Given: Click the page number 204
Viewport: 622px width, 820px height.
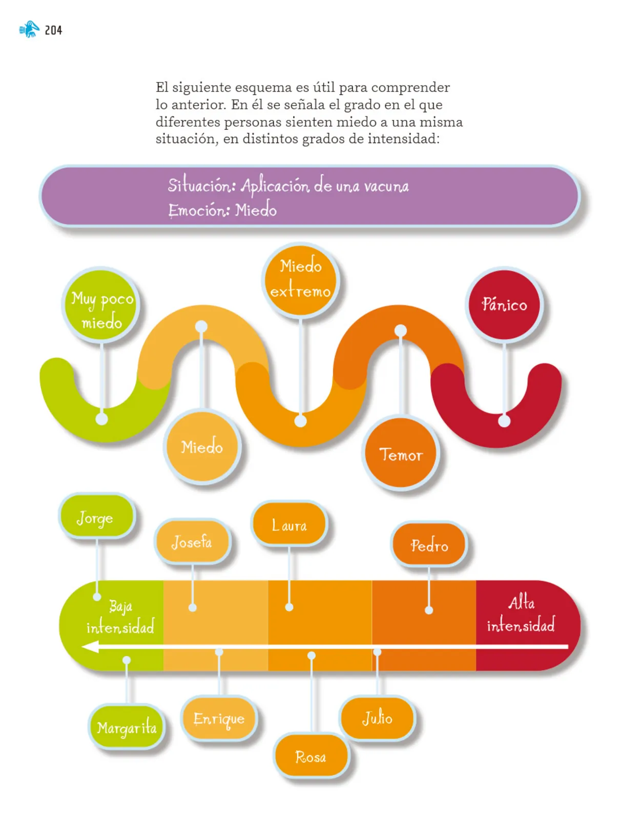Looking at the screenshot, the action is pos(53,30).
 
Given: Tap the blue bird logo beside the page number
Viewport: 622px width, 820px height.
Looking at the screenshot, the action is pos(29,29).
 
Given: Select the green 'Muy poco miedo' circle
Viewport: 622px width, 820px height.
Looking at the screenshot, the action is pos(101,305).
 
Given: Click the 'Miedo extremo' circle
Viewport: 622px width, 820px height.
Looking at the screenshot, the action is pos(300,280).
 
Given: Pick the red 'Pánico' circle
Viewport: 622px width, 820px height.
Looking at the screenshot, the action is pos(504,305).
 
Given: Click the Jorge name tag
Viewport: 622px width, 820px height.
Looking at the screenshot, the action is pos(97,516).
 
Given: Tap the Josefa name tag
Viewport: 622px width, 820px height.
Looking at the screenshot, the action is pos(192,541).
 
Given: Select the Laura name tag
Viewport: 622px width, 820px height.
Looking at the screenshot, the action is pos(289,524).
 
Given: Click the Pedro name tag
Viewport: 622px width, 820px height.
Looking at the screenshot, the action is pos(429,544).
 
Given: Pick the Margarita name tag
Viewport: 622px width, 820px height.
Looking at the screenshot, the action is pos(127,727).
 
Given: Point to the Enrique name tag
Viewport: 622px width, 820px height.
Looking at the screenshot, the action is pos(219,717).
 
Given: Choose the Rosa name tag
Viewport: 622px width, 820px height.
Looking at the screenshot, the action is pos(311,756).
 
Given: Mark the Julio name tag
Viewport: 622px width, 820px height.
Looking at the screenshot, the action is pos(378,717).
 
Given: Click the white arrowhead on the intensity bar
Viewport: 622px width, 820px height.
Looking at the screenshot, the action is pos(90,647).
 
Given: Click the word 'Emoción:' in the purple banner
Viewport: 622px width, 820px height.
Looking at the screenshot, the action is pos(199,210).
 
